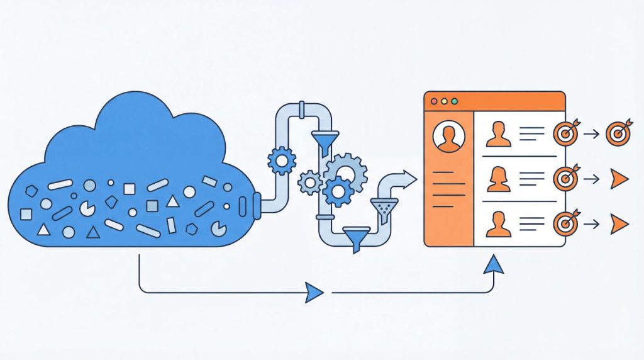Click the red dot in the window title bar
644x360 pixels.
pos(433,101)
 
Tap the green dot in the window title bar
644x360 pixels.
pos(454,101)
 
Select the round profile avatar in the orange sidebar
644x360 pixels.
pos(448,137)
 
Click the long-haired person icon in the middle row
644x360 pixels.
pos(499,179)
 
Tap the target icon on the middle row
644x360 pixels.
pos(566,179)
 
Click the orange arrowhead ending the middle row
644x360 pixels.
pos(619,179)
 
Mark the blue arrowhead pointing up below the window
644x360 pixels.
pos(494,264)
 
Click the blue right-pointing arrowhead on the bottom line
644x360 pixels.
pos(314,293)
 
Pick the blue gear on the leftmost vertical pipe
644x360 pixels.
pos(281,161)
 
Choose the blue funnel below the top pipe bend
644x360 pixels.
pos(326,142)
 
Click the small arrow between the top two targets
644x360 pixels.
pos(591,133)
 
